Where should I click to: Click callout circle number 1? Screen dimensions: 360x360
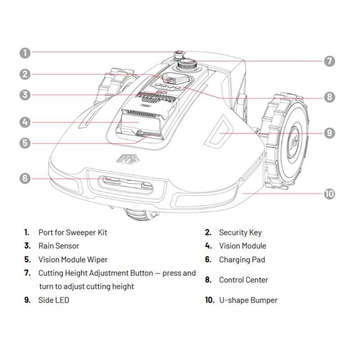coord(25,53)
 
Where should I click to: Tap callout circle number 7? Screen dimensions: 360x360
coord(330,61)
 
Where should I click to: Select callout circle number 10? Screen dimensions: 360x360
coord(330,194)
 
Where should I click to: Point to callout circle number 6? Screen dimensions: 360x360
coord(25,178)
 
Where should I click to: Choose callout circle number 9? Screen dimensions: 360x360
coord(330,133)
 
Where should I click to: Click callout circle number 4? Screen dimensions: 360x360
coord(25,122)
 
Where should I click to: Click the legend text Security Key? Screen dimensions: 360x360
coord(240,233)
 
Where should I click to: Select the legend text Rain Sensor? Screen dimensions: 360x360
coord(58,246)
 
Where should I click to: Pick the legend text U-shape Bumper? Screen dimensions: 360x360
coord(248,300)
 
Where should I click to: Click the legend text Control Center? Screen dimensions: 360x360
coord(243,280)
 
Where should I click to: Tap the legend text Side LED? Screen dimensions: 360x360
coord(54,300)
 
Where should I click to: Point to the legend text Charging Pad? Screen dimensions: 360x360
coord(242,260)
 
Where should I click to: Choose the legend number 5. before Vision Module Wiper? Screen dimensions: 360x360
coord(27,260)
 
